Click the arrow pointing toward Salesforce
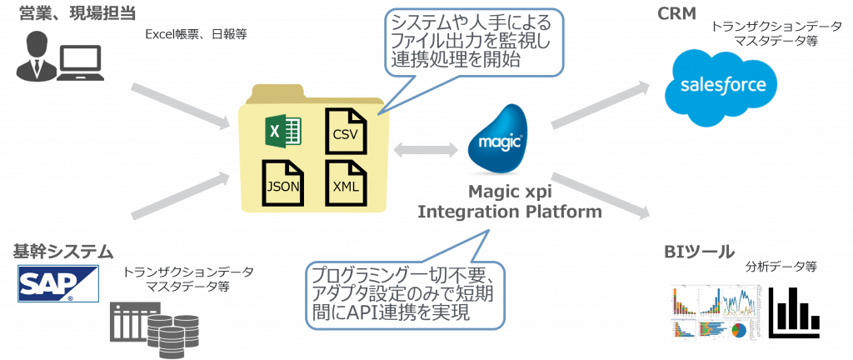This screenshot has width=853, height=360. tap(600, 106)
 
